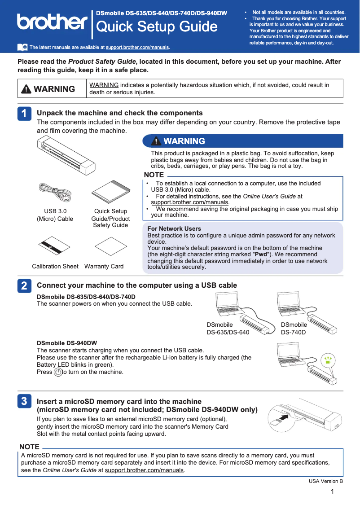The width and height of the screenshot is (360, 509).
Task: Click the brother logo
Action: click(52, 22)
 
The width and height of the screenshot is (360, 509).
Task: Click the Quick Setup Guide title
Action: click(157, 27)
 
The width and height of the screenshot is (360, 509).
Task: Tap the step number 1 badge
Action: click(24, 114)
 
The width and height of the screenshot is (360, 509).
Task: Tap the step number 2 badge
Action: click(24, 286)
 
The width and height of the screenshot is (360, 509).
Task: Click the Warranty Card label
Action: click(104, 266)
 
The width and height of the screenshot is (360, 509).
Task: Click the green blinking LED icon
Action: click(329, 359)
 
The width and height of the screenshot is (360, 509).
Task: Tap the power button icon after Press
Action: click(57, 372)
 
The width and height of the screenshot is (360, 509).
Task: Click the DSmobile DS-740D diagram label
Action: click(294, 329)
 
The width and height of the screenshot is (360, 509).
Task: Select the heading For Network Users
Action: click(174, 228)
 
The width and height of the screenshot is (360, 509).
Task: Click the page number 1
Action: click(332, 492)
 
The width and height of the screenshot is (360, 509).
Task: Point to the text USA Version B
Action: click(325, 481)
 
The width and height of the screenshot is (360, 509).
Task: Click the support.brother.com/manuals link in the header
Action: click(137, 47)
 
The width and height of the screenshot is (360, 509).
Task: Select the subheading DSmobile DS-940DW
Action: click(66, 343)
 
